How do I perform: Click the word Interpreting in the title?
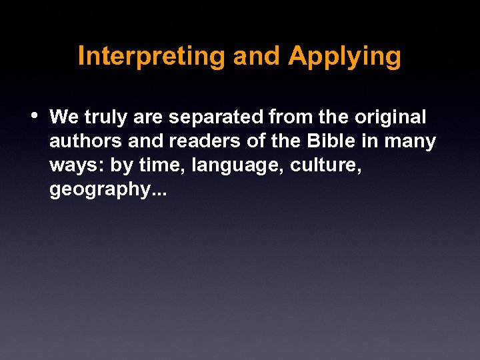point(153,57)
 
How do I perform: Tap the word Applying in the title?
point(345,57)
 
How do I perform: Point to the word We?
point(64,117)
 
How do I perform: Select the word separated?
point(217,118)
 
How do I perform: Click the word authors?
point(84,142)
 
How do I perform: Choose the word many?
point(410,142)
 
